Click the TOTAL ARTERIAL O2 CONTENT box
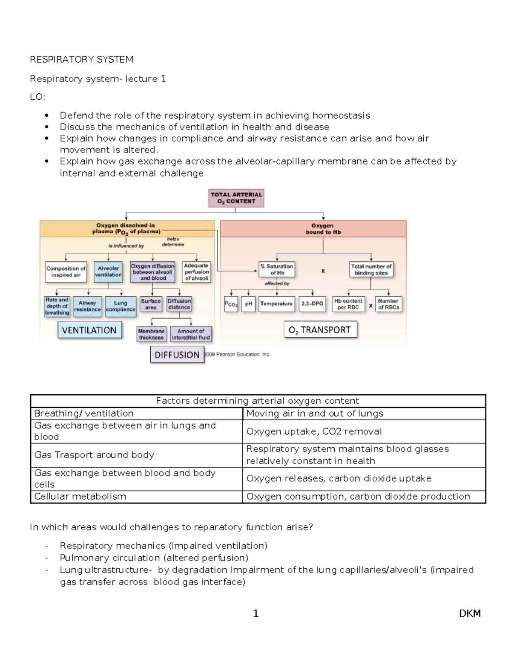coord(236,198)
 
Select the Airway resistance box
coord(87,306)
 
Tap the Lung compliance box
coord(121,306)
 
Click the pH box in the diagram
coord(249,304)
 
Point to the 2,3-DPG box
coord(312,304)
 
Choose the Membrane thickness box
coord(151,334)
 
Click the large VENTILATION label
coord(89,330)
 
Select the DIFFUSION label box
coord(177,355)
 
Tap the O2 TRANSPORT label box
coord(320,330)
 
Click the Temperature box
coord(276,304)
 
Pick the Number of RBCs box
coord(388,304)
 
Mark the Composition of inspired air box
coord(66,272)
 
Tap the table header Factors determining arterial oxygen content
coord(258,401)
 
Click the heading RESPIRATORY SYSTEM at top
coord(81,59)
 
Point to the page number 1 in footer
coord(255,613)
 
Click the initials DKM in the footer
coord(470,613)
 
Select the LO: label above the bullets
coord(37,97)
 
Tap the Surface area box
coord(151,304)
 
